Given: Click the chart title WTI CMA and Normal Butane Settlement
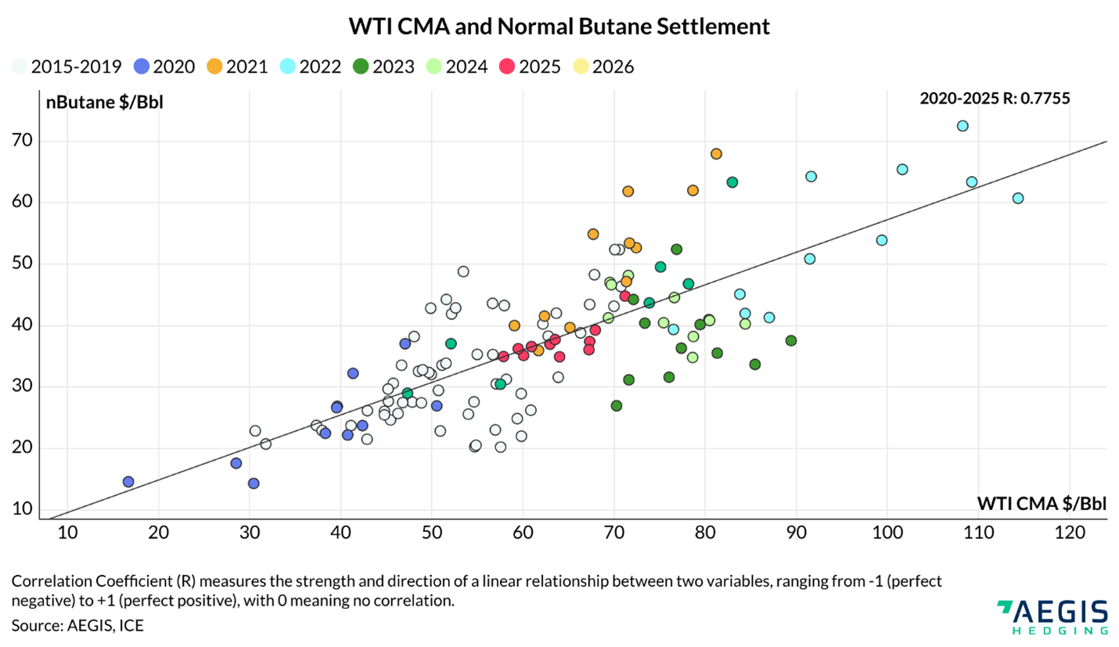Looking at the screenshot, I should (x=559, y=26).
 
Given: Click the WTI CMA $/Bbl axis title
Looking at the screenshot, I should (x=1042, y=502).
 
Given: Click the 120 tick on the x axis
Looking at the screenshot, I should (x=1069, y=534).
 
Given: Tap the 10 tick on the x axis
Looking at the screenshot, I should (x=67, y=534).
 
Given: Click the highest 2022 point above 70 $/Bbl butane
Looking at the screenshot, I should (x=962, y=126).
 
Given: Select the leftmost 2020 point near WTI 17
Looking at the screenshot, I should (x=128, y=482).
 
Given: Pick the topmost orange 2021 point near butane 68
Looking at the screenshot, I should (x=716, y=154).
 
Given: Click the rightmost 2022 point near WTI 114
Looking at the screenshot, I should (x=1017, y=198).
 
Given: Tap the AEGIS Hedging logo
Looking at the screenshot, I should (x=1052, y=616).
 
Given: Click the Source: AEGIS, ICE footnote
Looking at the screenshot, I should (x=77, y=625).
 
